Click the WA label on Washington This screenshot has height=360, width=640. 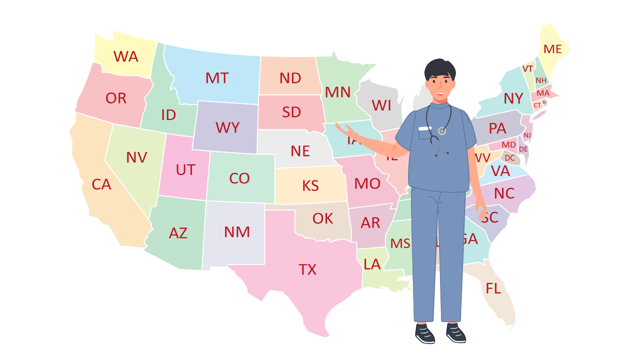point(125,56)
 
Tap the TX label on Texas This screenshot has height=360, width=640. point(307,270)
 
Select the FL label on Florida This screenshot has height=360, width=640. point(493,288)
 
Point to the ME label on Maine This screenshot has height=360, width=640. point(552,49)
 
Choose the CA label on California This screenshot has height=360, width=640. point(101,184)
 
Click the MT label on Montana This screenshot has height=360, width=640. point(217,78)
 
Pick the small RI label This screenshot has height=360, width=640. point(544,102)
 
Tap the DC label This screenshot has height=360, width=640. point(509,158)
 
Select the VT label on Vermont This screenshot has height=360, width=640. point(527,68)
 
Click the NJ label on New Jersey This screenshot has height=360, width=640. point(527,135)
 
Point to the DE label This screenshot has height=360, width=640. point(523,149)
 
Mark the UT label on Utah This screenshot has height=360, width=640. point(185,170)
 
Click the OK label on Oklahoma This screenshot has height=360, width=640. point(322,218)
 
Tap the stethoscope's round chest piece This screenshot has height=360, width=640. point(441,131)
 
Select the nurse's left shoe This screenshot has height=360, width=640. point(455,332)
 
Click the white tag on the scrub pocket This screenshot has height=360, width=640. point(424,128)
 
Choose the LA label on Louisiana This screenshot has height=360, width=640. point(372,264)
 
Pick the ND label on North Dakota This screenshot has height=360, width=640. point(290,78)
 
